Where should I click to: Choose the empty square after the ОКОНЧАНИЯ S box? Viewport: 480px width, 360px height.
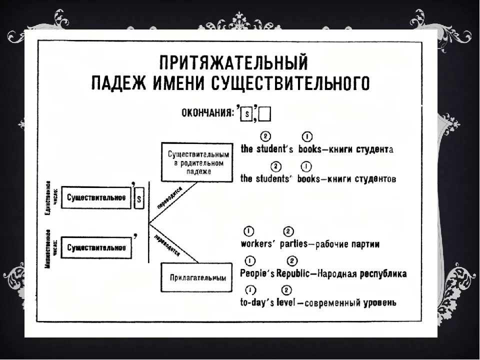264,114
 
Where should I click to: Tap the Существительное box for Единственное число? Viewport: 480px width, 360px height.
96,198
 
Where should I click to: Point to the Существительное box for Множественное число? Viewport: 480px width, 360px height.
96,247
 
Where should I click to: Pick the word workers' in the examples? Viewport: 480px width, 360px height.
255,244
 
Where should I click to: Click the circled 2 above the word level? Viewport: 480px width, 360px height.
287,290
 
